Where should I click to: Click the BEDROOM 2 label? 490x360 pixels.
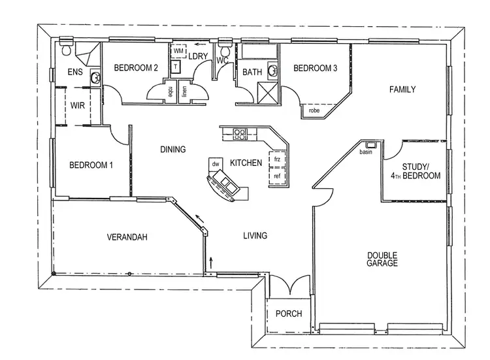pyautogui.click(x=136, y=67)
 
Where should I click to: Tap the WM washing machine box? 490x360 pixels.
pyautogui.click(x=178, y=51)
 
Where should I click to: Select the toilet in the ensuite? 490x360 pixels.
pyautogui.click(x=66, y=48)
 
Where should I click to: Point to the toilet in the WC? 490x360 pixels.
pyautogui.click(x=225, y=51)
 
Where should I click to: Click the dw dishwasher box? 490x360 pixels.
pyautogui.click(x=215, y=163)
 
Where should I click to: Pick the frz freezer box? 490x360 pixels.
pyautogui.click(x=277, y=159)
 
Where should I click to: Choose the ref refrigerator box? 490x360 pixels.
pyautogui.click(x=277, y=176)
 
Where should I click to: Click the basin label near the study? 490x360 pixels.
pyautogui.click(x=366, y=152)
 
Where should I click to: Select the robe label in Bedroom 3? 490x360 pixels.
pyautogui.click(x=314, y=111)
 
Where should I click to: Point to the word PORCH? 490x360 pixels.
pyautogui.click(x=288, y=314)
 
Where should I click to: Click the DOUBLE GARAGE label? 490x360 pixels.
pyautogui.click(x=382, y=259)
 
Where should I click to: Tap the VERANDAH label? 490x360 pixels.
pyautogui.click(x=127, y=237)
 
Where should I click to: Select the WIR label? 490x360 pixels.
pyautogui.click(x=78, y=105)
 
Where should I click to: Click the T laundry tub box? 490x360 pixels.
pyautogui.click(x=175, y=66)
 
